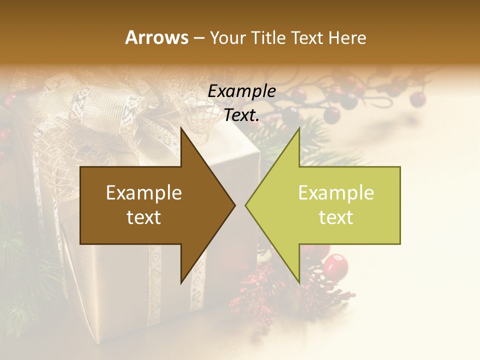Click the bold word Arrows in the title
[156, 37]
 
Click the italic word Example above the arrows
[241, 91]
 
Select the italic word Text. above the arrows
[241, 115]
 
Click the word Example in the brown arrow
[144, 193]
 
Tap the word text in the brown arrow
[144, 217]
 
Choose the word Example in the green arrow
[336, 193]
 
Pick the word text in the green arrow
[336, 217]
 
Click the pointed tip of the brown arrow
[235, 205]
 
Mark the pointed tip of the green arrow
[245, 205]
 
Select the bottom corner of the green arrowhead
[299, 283]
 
